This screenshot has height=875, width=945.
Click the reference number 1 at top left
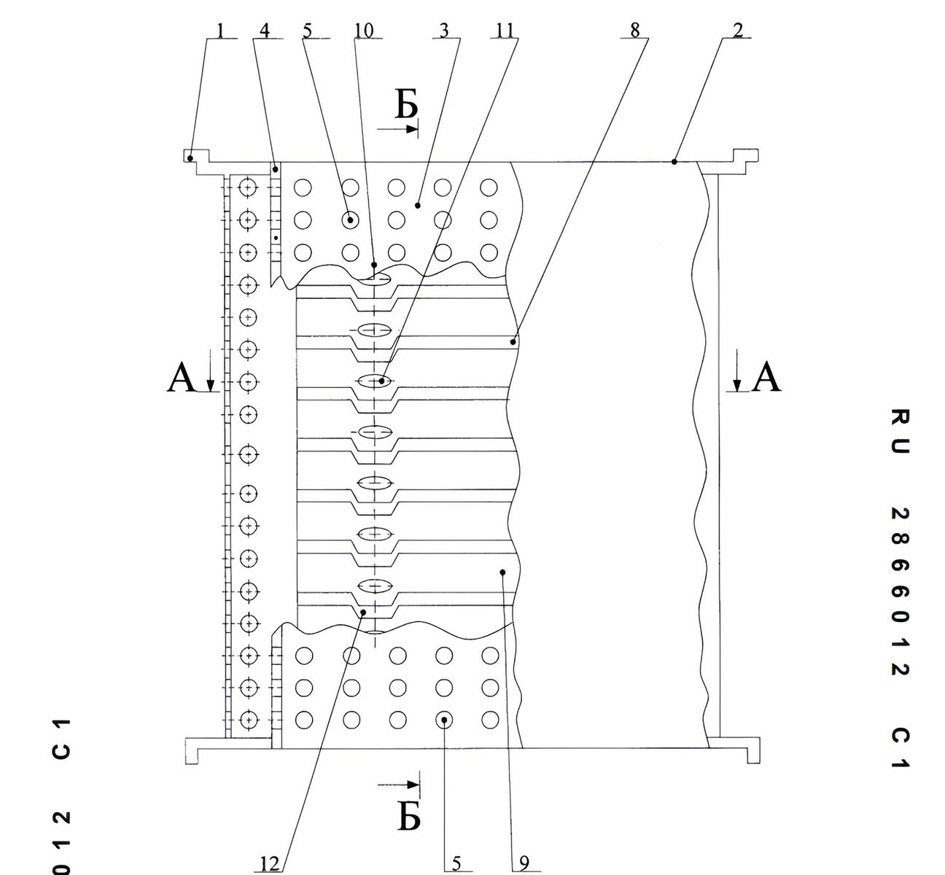(x=219, y=31)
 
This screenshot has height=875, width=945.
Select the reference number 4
(x=265, y=31)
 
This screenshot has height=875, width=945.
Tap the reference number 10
(x=364, y=31)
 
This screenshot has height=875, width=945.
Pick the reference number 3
(x=444, y=31)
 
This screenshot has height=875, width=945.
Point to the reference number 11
(x=505, y=31)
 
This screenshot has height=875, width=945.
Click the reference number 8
(x=635, y=30)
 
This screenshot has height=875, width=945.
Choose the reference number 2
(x=737, y=30)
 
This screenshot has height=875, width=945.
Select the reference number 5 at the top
(x=307, y=31)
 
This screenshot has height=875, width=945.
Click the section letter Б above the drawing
(x=406, y=105)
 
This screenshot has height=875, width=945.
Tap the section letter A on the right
(x=766, y=376)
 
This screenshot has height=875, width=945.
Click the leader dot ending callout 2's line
(x=674, y=162)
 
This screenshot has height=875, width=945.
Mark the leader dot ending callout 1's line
(x=190, y=158)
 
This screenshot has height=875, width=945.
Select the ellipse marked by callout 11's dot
(x=375, y=381)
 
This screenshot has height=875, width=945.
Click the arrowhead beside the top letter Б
(x=411, y=129)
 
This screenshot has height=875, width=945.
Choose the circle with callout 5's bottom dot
(x=444, y=720)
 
